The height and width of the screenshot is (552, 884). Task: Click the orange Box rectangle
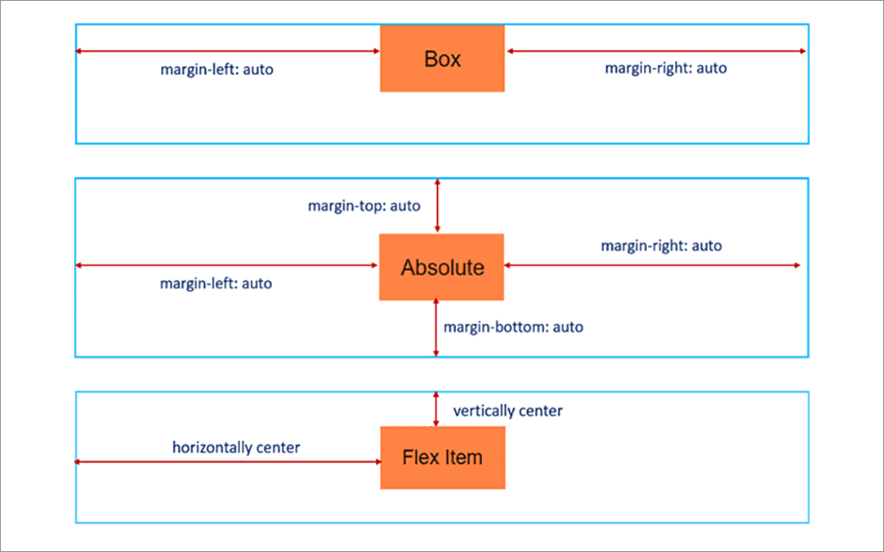pyautogui.click(x=442, y=59)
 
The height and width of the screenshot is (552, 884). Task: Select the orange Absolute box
pyautogui.click(x=441, y=267)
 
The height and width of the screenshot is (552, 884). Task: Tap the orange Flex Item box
pyautogui.click(x=442, y=457)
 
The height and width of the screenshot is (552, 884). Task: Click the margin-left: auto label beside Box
pyautogui.click(x=217, y=69)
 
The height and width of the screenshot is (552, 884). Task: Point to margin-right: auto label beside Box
pyautogui.click(x=665, y=68)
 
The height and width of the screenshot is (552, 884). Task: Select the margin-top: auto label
pyautogui.click(x=364, y=206)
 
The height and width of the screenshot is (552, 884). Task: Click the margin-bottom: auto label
pyautogui.click(x=513, y=327)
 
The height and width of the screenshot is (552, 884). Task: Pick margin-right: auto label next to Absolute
pyautogui.click(x=661, y=245)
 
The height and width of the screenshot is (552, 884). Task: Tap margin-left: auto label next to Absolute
pyautogui.click(x=216, y=284)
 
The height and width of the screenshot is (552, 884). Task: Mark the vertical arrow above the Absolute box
pyautogui.click(x=437, y=206)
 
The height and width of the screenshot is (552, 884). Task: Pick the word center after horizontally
pyautogui.click(x=279, y=447)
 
